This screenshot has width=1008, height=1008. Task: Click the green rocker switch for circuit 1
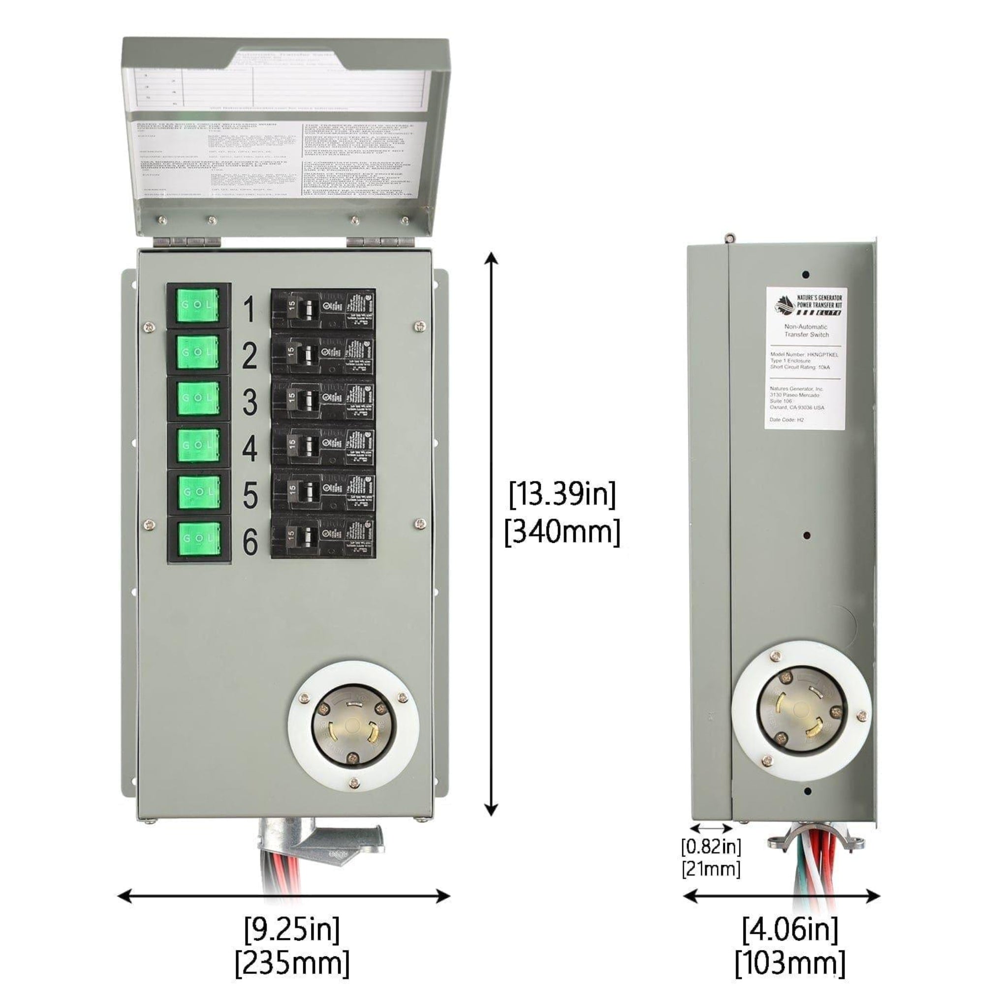point(198,305)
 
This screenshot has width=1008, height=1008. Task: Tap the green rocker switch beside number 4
point(198,444)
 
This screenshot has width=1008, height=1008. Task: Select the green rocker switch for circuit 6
point(198,538)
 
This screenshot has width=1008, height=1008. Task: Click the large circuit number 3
point(250,402)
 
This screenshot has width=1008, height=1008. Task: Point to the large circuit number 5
point(250,495)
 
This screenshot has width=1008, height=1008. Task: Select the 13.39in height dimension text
point(562,494)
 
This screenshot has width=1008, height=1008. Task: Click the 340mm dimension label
point(562,532)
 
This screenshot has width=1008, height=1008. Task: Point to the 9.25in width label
point(291,929)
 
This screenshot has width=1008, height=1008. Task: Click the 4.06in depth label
point(789,929)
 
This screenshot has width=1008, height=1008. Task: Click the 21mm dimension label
point(711,869)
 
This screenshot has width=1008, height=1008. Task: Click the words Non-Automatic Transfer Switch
point(806,330)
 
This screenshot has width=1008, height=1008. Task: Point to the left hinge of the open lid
point(187,242)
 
